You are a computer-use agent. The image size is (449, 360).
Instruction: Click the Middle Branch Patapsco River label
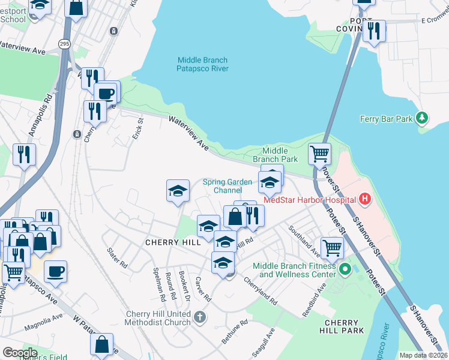203,64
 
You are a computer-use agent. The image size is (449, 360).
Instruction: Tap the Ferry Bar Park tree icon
423,118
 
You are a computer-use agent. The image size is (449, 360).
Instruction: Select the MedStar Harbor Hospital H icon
364,199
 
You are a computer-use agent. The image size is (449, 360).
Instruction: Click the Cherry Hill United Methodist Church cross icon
200,316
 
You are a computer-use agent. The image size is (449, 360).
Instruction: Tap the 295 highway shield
64,43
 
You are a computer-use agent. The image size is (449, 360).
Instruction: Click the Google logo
20,352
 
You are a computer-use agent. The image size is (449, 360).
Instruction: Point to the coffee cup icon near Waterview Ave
107,92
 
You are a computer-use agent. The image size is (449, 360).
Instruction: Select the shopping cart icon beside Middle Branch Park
319,153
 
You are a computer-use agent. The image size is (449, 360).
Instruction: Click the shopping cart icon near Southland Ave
331,247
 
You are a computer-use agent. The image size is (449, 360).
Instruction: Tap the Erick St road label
137,128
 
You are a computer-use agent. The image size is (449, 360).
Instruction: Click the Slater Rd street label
116,258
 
